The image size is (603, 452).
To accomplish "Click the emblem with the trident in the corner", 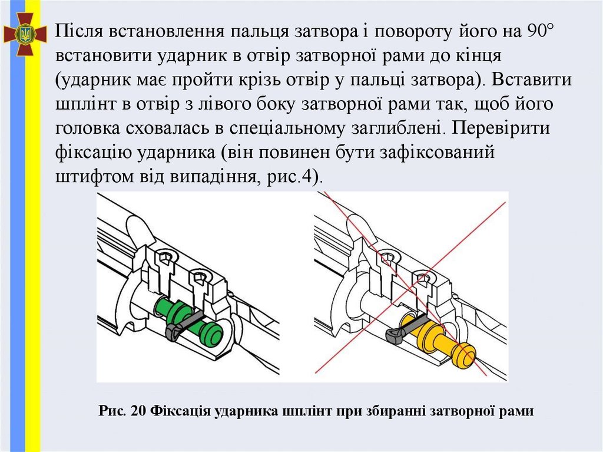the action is coord(25,35).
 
